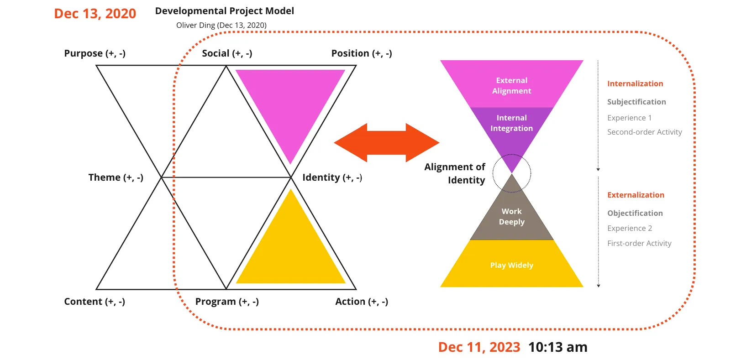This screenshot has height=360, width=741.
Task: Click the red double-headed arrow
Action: (386, 143)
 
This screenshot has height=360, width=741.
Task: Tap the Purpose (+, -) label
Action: (95, 53)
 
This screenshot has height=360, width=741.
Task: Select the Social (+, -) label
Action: (227, 53)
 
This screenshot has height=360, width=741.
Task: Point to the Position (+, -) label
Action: (362, 53)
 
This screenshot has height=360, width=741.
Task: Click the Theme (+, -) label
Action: (116, 177)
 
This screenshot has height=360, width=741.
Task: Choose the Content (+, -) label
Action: (95, 302)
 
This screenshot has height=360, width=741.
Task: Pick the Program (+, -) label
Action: (227, 302)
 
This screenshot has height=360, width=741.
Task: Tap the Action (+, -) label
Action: (362, 302)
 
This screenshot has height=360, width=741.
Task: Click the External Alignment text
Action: (511, 85)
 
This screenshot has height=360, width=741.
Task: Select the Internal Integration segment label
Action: (511, 123)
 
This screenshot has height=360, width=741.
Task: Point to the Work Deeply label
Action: (511, 216)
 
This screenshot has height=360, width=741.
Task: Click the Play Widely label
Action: (511, 265)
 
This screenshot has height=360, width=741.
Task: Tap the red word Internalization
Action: (635, 83)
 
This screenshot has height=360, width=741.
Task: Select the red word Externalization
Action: (636, 195)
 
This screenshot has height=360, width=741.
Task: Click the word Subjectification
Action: (636, 102)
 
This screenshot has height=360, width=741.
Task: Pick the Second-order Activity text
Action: (644, 132)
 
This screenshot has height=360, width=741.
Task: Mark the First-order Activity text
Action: (639, 243)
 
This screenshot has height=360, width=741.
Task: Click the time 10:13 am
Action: (557, 347)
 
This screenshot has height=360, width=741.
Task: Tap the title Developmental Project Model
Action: (224, 11)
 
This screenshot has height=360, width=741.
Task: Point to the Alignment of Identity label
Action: (455, 173)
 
